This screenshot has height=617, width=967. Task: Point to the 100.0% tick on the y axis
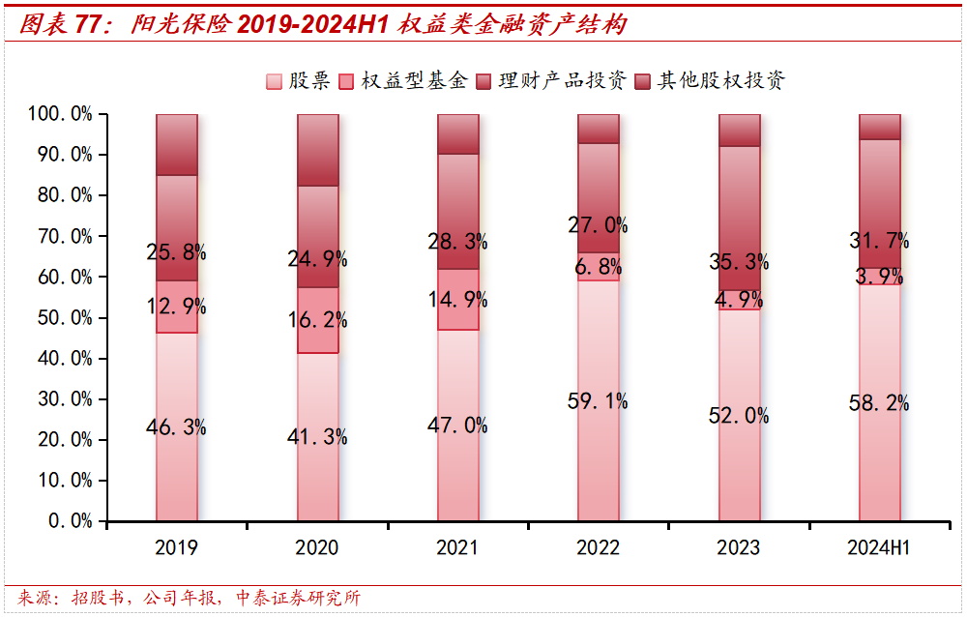click(60, 114)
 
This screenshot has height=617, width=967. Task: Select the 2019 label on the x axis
click(176, 548)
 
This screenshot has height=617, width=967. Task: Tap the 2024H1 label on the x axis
click(879, 548)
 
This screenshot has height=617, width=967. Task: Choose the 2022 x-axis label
click(598, 548)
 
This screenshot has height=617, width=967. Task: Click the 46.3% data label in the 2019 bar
click(177, 426)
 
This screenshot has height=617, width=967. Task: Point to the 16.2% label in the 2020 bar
click(318, 321)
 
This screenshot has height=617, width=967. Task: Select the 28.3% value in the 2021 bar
click(458, 241)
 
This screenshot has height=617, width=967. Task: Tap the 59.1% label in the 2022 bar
click(599, 400)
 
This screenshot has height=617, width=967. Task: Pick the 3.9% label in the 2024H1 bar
click(880, 276)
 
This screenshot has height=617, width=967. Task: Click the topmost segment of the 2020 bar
click(318, 149)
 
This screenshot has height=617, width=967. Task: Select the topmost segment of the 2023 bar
click(740, 130)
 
